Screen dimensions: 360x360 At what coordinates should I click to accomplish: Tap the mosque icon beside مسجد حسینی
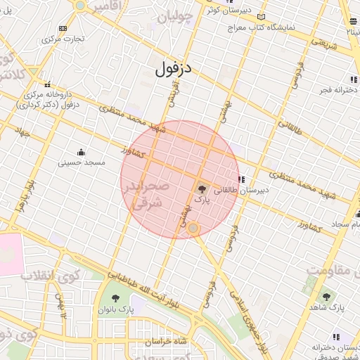(x=81, y=152)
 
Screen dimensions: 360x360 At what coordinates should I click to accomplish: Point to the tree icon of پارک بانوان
(x=115, y=297)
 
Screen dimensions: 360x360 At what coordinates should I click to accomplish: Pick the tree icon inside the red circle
(x=202, y=188)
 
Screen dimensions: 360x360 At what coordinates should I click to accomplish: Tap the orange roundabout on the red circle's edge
(x=193, y=229)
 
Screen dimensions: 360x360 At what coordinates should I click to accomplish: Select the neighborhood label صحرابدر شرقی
(x=146, y=195)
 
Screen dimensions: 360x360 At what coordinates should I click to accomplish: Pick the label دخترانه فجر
(x=331, y=90)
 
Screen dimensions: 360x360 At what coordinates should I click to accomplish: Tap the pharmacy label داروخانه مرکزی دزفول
(x=52, y=99)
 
